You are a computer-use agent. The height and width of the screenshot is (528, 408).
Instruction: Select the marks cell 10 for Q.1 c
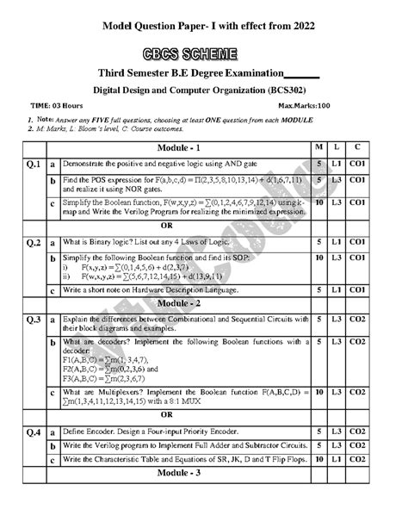tap(319, 203)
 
